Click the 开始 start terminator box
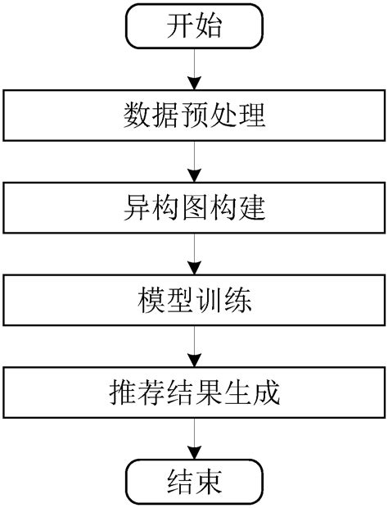coord(194,26)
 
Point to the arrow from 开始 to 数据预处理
coord(194,69)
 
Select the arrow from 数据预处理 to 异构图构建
coord(194,162)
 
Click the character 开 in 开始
coord(180,26)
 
